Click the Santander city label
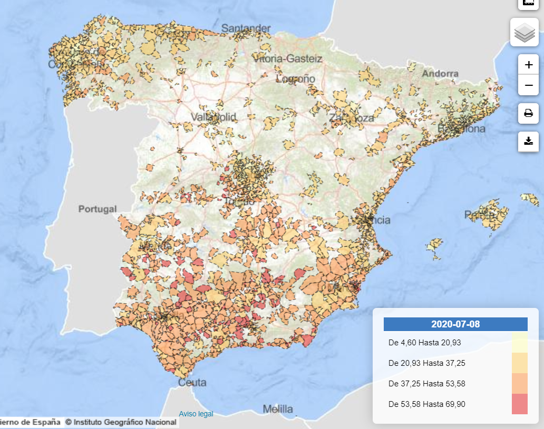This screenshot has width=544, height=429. tap(246, 28)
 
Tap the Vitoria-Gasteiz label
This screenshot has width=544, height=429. tap(287, 59)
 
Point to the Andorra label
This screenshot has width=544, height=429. tap(440, 74)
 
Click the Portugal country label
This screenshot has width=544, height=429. tap(98, 209)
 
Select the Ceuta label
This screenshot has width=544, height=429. tap(192, 383)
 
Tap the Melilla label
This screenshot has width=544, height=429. tap(278, 409)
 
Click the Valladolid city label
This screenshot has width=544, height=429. tap(213, 117)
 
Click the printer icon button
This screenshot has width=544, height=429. tap(528, 113)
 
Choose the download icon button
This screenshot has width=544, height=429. tap(528, 141)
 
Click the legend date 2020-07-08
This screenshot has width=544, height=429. tap(455, 324)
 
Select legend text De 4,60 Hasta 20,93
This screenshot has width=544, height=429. tap(424, 343)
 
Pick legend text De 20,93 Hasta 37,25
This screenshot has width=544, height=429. tap(426, 363)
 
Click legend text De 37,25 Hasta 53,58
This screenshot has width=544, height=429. tap(426, 384)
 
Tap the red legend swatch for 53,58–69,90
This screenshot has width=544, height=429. tap(519, 404)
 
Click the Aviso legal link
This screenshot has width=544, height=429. tap(196, 414)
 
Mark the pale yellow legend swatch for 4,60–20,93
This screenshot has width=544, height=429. tap(519, 342)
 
